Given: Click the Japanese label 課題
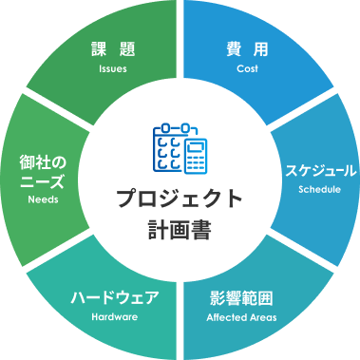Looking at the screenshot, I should (112, 49).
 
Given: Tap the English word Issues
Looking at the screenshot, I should (112, 69).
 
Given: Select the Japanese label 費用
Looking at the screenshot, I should (247, 49).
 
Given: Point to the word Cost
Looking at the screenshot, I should (247, 69).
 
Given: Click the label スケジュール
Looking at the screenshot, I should (320, 171).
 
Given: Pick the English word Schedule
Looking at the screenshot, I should (320, 189).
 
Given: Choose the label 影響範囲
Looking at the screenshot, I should (241, 297).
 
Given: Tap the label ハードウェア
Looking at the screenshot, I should (115, 297).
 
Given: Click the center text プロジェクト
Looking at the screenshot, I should (180, 199).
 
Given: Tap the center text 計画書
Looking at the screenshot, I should (180, 228).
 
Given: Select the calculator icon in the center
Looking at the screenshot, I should (197, 157).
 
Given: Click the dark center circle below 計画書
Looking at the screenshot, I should (180, 255).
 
